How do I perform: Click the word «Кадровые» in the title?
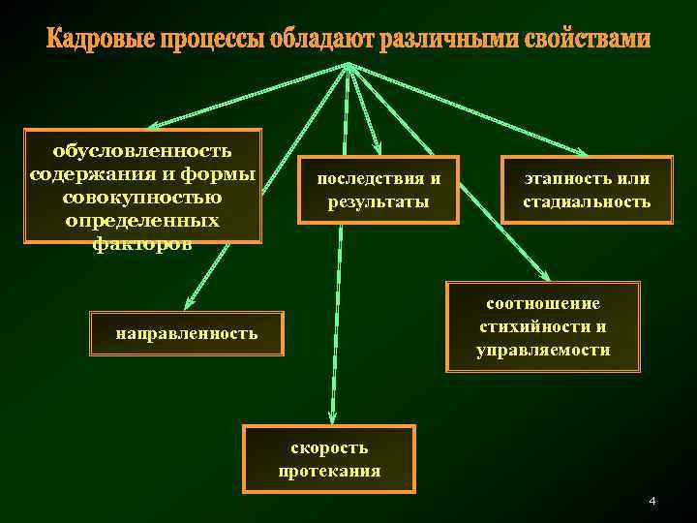click(x=94, y=41)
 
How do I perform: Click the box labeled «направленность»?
click(x=187, y=334)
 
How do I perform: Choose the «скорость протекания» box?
click(x=329, y=459)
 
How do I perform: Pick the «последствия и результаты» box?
click(x=379, y=191)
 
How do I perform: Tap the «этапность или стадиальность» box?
click(x=587, y=191)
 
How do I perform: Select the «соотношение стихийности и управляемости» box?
click(x=543, y=326)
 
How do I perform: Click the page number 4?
click(x=652, y=501)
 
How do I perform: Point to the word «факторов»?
click(x=142, y=245)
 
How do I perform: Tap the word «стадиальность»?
click(x=587, y=203)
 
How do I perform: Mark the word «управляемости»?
click(x=543, y=350)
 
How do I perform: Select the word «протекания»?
click(x=329, y=472)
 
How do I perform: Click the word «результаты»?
click(x=379, y=203)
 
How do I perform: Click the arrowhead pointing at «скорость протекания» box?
click(x=331, y=417)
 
